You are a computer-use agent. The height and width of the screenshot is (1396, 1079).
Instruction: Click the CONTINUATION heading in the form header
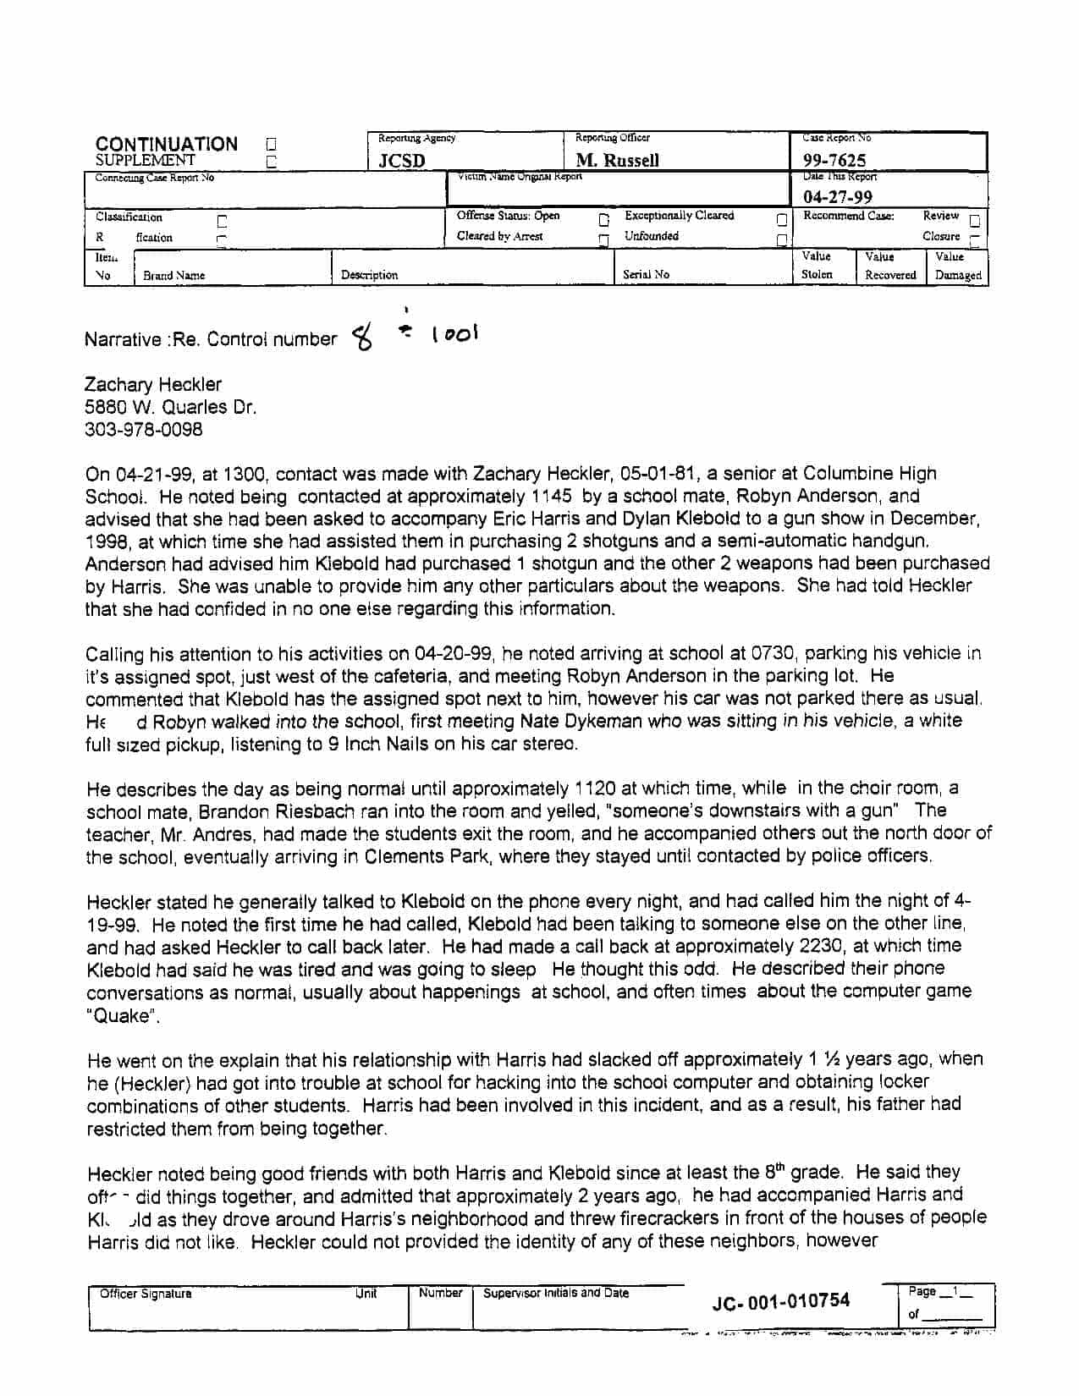click(166, 144)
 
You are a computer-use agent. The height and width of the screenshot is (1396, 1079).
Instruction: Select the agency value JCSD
click(401, 161)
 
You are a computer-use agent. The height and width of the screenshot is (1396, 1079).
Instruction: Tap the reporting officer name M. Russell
click(617, 160)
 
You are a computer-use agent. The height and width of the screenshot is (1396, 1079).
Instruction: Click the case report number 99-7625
click(834, 160)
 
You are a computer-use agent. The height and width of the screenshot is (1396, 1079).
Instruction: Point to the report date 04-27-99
click(837, 197)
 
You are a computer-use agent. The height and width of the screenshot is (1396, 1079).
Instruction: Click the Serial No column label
click(646, 274)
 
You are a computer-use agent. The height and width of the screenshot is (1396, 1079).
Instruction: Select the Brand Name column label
click(173, 275)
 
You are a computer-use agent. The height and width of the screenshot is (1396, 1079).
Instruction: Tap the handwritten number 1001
click(454, 334)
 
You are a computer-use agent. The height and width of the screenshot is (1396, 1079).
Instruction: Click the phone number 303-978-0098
click(144, 429)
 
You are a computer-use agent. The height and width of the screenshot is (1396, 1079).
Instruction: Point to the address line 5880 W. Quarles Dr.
click(170, 407)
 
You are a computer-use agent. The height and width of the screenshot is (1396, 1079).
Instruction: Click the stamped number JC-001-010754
click(780, 1301)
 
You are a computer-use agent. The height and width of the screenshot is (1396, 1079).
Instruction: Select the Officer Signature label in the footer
click(146, 1294)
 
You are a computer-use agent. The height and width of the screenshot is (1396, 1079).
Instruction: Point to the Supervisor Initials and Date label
click(555, 1294)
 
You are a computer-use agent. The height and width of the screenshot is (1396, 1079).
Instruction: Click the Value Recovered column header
click(889, 266)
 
